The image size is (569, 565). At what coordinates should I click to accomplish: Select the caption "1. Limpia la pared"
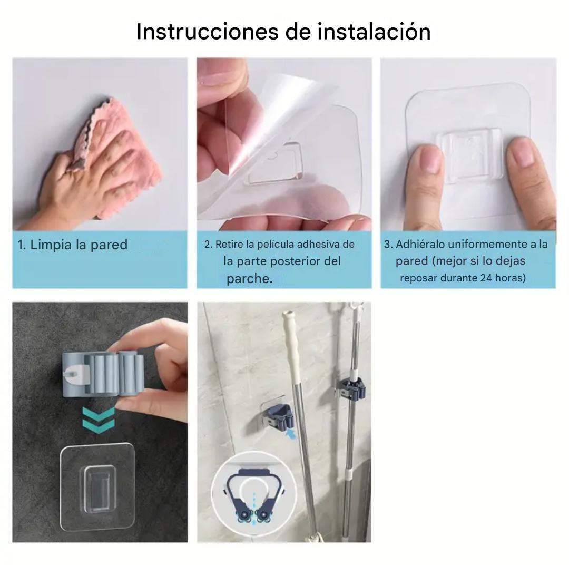coord(73,245)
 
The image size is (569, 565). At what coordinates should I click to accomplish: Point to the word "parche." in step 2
coord(249,279)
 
